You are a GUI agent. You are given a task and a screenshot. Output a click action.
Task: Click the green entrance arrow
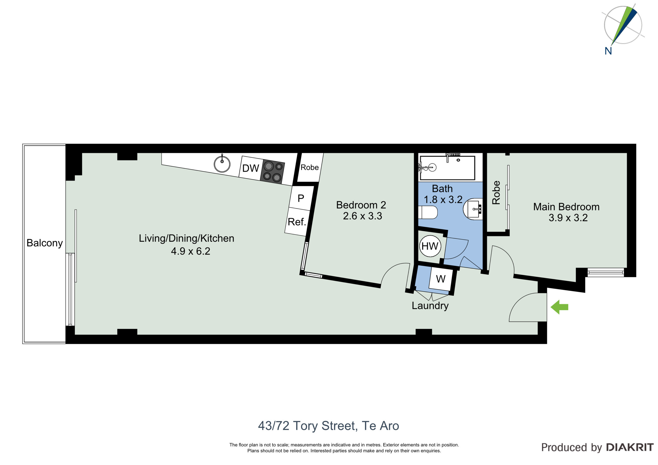[559, 307]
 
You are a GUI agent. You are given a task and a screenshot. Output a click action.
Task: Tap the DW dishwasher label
[250, 168]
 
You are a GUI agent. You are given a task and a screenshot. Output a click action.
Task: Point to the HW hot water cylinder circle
[430, 246]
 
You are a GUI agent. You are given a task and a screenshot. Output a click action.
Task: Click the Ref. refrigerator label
[297, 222]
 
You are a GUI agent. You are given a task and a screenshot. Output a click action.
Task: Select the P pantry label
[301, 198]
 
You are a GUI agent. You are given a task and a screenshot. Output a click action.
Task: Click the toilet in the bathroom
[428, 212]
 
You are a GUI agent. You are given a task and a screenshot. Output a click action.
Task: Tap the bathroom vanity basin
[473, 209]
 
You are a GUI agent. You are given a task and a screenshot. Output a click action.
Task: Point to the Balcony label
[44, 243]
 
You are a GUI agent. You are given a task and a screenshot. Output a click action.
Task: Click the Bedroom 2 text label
[361, 205]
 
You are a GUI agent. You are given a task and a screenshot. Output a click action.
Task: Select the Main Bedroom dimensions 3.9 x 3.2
[568, 218]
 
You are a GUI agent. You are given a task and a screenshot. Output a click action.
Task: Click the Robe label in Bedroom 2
[309, 167]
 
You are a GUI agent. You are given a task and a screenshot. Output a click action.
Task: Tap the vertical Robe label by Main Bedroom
[496, 192]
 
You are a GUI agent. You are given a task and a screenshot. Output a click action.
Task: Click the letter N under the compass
[608, 51]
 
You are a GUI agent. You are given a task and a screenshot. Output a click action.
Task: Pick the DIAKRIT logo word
[630, 447]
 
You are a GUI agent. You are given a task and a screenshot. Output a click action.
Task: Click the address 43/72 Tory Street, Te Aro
[328, 426]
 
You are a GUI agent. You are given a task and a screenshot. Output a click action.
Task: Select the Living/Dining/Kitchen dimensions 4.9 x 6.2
[190, 251]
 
